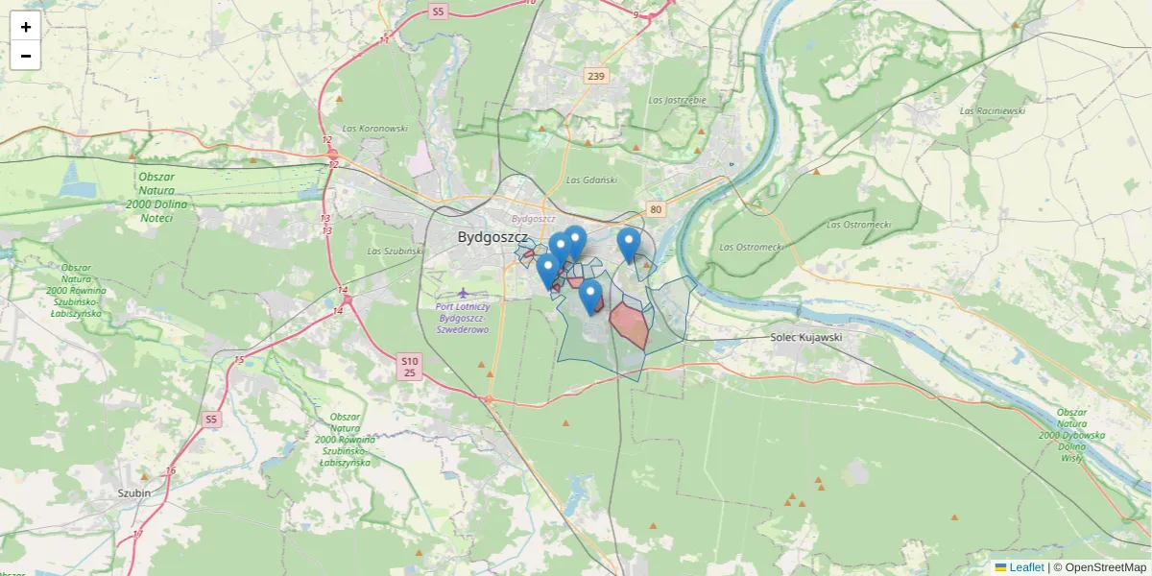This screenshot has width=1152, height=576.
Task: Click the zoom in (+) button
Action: [26, 27]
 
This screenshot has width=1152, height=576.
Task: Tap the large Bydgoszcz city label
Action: [492, 237]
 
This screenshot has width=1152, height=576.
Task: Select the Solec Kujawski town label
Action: [805, 338]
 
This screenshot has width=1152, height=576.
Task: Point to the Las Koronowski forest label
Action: [375, 129]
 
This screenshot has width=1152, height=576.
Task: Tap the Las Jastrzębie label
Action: [677, 100]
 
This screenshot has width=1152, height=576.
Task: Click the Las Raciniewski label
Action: [992, 110]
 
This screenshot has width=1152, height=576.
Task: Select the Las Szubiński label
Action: [395, 252]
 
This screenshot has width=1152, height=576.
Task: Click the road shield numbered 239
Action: [596, 77]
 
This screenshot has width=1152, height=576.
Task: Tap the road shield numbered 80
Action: [656, 209]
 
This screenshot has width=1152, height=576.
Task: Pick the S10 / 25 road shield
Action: [409, 366]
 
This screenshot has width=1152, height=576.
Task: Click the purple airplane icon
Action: [465, 292]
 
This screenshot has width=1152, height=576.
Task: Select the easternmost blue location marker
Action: [629, 245]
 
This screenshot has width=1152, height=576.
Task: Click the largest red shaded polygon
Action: [630, 324]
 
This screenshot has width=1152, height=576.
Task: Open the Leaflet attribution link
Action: [1026, 567]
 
